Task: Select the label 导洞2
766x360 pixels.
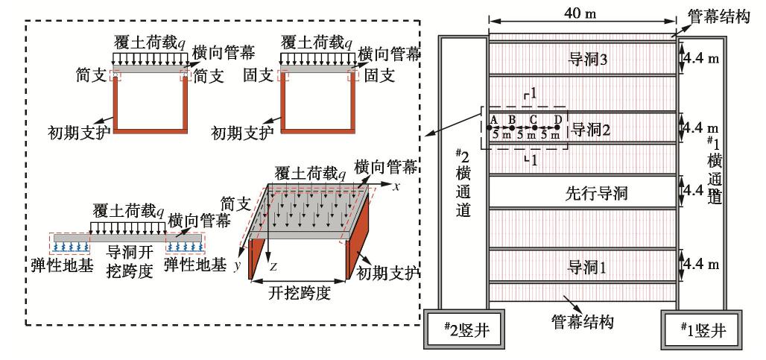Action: pyautogui.click(x=591, y=128)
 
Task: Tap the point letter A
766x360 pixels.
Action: pyautogui.click(x=493, y=118)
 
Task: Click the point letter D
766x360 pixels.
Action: pyautogui.click(x=557, y=118)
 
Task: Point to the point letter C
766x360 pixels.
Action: pyautogui.click(x=534, y=118)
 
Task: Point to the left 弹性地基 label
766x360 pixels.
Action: pyautogui.click(x=70, y=265)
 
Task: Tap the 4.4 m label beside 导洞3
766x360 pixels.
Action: pyautogui.click(x=700, y=57)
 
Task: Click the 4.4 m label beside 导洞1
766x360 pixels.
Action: pyautogui.click(x=700, y=263)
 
